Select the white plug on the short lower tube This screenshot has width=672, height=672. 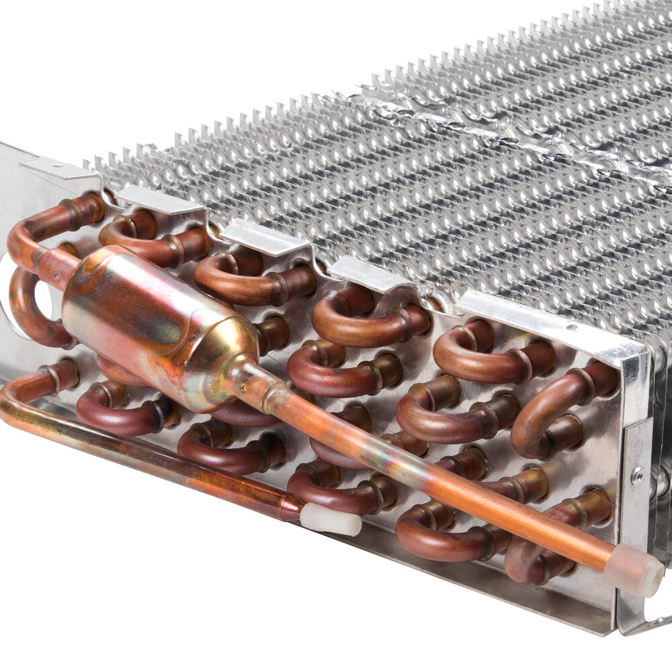[330, 519]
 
